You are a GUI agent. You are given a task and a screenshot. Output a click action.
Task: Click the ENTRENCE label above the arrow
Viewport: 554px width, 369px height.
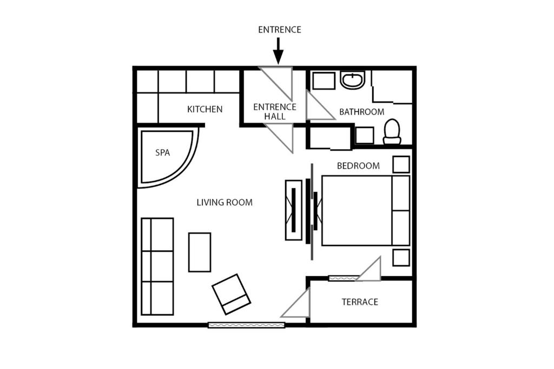[x=280, y=30]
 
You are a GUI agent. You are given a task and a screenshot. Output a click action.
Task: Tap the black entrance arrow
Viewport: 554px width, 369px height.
[x=279, y=51]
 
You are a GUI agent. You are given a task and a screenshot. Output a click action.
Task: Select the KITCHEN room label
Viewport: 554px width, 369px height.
[x=205, y=109]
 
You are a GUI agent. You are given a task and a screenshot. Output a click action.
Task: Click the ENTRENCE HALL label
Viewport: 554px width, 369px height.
[x=275, y=111]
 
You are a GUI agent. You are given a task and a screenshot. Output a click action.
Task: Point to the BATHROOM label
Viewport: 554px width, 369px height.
[x=362, y=112]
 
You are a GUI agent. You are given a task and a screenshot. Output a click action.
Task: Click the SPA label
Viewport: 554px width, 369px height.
[x=162, y=152]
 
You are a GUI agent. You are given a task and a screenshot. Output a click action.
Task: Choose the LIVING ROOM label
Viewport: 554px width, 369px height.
[x=225, y=203]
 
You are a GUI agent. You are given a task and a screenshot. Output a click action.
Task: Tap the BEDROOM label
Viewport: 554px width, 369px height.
[x=358, y=166]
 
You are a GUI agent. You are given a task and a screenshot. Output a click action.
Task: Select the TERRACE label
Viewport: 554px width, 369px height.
[x=360, y=302]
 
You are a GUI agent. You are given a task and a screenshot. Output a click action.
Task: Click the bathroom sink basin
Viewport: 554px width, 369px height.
[x=352, y=80]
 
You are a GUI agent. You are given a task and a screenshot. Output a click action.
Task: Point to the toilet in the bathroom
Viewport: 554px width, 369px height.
[x=392, y=132]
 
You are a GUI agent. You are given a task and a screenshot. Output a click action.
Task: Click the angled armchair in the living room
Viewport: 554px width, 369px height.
[x=232, y=294]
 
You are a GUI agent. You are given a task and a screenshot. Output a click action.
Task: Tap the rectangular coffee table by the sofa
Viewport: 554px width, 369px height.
[x=200, y=252]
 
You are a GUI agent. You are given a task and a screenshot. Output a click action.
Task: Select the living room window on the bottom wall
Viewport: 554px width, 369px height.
[x=246, y=325]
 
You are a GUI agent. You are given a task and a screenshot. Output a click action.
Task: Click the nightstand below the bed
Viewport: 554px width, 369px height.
[x=401, y=258]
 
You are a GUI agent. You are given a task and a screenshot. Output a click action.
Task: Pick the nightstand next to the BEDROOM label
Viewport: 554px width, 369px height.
[x=401, y=164]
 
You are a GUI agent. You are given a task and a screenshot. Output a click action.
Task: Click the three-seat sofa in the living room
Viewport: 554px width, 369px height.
[x=157, y=266]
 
